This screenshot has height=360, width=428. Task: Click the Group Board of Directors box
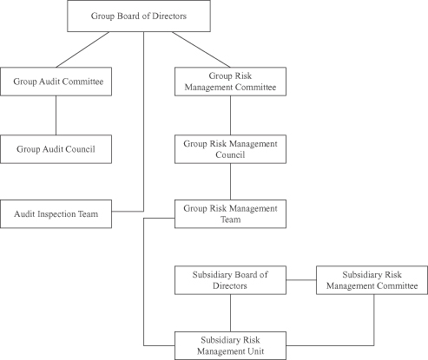coord(139,16)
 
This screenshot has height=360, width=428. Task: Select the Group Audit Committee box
coord(56,82)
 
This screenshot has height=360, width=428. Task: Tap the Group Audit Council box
coord(56,149)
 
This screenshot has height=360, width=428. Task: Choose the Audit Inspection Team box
coord(56,214)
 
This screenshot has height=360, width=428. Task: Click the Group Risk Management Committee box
coord(230,82)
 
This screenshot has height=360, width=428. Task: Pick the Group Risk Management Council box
coord(230,149)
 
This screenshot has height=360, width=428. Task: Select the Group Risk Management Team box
coord(230,214)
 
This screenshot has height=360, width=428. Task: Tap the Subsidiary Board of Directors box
coord(230,280)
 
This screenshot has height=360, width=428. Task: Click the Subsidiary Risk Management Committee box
coord(372,280)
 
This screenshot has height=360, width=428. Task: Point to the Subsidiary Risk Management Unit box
coord(230,346)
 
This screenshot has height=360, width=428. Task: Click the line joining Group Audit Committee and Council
coord(56,115)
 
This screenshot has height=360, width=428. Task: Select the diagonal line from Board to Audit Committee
coord(82,49)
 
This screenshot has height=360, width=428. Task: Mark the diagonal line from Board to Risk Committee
coord(201,49)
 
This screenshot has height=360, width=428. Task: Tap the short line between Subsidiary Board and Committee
coord(301,280)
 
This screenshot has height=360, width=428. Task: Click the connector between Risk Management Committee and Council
coord(230,115)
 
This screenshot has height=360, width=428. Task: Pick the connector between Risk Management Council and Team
coord(230,181)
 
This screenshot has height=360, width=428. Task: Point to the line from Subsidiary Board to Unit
coord(230,313)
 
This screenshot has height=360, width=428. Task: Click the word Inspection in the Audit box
coord(56,214)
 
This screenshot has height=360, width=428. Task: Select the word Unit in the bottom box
coord(256,351)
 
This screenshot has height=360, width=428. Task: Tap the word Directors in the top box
coord(169,16)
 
